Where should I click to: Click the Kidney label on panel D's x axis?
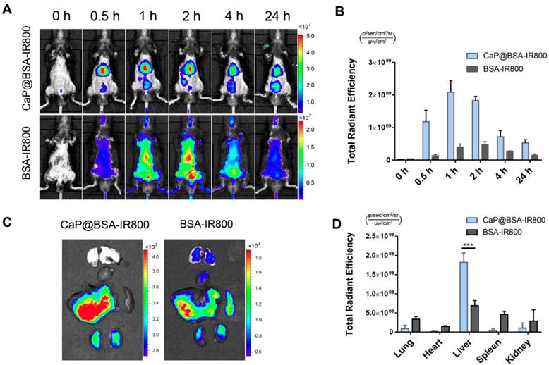pyautogui.click(x=513, y=345)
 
